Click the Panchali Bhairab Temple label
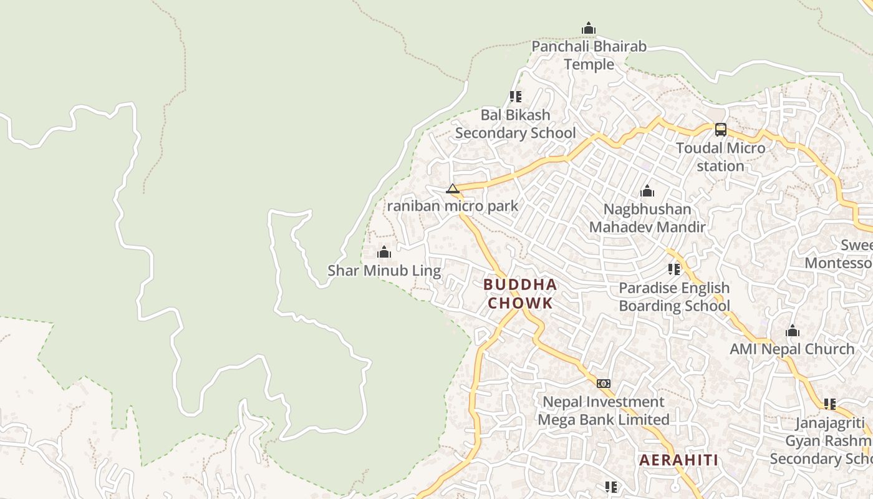[x=589, y=56]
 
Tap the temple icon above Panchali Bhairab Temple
[x=588, y=28]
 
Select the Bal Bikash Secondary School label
[x=516, y=124]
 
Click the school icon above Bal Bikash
[x=516, y=97]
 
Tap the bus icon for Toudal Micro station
[x=720, y=130]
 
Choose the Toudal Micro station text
[x=721, y=157]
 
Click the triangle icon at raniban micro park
[x=453, y=188]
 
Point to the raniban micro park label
[x=453, y=206]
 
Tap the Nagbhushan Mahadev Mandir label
[x=647, y=218]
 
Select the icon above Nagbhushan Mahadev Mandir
[x=647, y=191]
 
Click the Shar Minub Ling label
[x=384, y=271]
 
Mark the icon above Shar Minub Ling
[x=384, y=252]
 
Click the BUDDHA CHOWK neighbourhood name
[x=520, y=294]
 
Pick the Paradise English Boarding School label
[x=674, y=297]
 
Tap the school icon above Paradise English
[x=674, y=269]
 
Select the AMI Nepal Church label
[x=792, y=349]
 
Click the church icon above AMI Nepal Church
[x=793, y=331]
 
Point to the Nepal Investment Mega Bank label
[x=604, y=410]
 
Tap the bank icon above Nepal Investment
[x=603, y=384]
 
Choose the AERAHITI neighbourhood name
[x=678, y=460]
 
